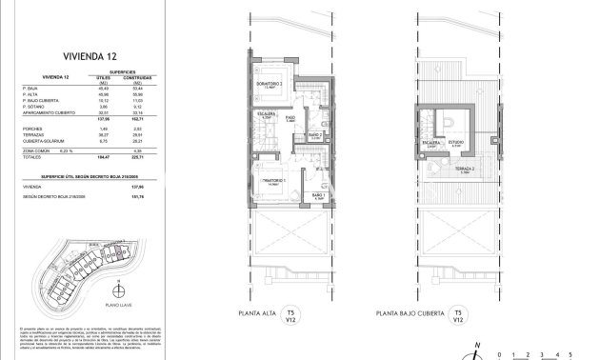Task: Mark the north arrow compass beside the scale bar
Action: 484,350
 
